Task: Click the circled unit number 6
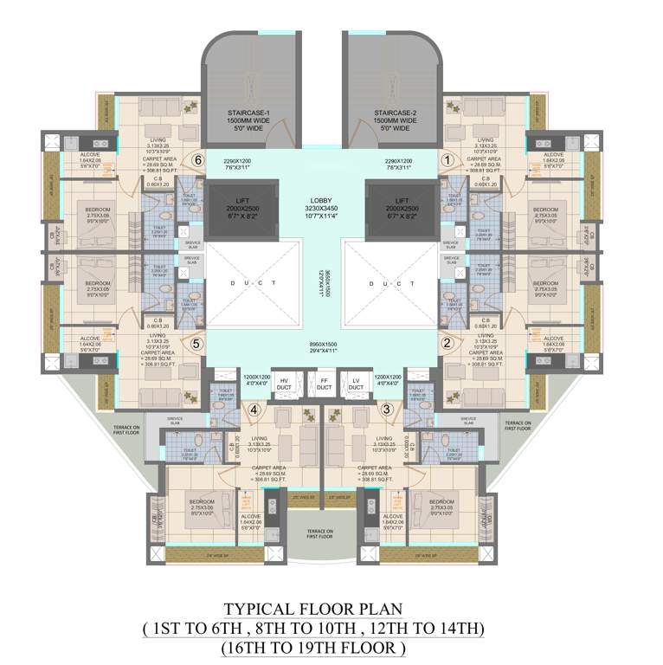(x=198, y=159)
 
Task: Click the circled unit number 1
(x=447, y=159)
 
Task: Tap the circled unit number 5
(x=196, y=342)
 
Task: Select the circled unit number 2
(x=447, y=342)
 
